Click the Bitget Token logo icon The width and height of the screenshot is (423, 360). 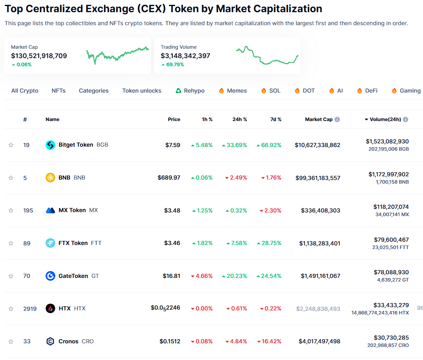(50, 145)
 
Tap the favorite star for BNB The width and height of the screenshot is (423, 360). (11, 178)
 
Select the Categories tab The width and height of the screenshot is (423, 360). (94, 91)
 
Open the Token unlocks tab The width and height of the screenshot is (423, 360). (142, 91)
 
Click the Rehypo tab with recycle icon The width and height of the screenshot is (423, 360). (190, 91)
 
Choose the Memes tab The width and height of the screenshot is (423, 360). (233, 91)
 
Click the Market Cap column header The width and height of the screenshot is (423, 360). (319, 119)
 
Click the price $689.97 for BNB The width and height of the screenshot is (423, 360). (169, 178)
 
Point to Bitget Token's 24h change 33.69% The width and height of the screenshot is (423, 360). (234, 145)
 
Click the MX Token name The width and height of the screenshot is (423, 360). (72, 210)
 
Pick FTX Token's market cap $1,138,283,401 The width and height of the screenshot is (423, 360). (320, 243)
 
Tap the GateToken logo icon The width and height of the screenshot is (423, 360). (50, 276)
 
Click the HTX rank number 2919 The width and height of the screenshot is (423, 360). (30, 309)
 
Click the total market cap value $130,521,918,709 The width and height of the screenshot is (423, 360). (39, 56)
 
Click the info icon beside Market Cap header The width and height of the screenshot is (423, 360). (337, 119)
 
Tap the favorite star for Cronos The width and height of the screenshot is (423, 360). (11, 342)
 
